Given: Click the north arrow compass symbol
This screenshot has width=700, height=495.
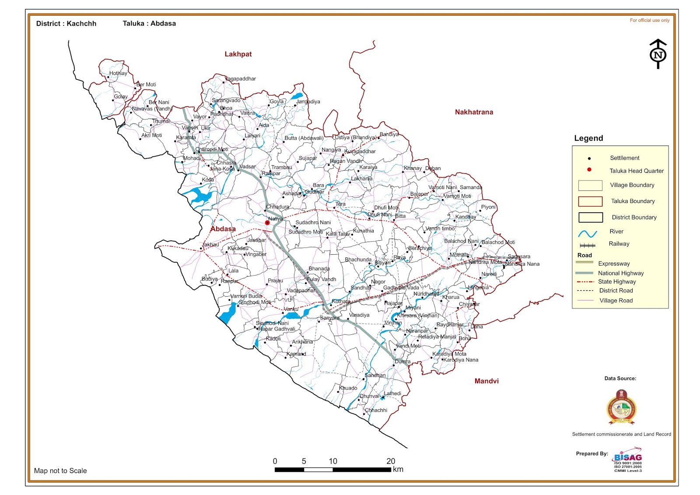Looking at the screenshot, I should [658, 54].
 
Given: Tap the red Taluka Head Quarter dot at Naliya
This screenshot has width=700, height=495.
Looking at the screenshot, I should [267, 223].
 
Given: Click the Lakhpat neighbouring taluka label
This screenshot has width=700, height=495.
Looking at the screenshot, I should [238, 54].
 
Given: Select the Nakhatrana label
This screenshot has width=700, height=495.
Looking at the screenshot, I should [474, 112].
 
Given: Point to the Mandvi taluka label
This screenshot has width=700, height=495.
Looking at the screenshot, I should [486, 381].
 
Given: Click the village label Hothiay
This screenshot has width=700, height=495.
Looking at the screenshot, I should [118, 73].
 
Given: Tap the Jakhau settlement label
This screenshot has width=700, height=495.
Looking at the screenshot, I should [211, 245].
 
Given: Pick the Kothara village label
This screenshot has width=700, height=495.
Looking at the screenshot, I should [341, 301].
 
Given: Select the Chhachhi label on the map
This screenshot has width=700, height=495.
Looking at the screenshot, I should [376, 410].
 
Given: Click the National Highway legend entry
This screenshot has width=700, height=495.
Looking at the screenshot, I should [621, 273].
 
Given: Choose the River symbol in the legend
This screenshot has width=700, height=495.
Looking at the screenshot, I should [588, 233].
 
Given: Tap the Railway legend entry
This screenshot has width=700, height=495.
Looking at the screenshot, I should [619, 244].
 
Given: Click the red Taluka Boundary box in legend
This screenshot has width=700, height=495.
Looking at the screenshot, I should [590, 201].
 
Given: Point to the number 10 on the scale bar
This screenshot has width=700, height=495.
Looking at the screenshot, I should [333, 461].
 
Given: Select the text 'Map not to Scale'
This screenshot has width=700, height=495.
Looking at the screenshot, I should [60, 471].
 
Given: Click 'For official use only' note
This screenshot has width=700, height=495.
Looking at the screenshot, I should [649, 20].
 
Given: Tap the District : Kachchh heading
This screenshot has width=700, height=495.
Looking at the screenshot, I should [66, 24].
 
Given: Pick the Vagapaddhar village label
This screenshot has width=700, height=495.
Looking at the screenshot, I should [241, 79].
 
